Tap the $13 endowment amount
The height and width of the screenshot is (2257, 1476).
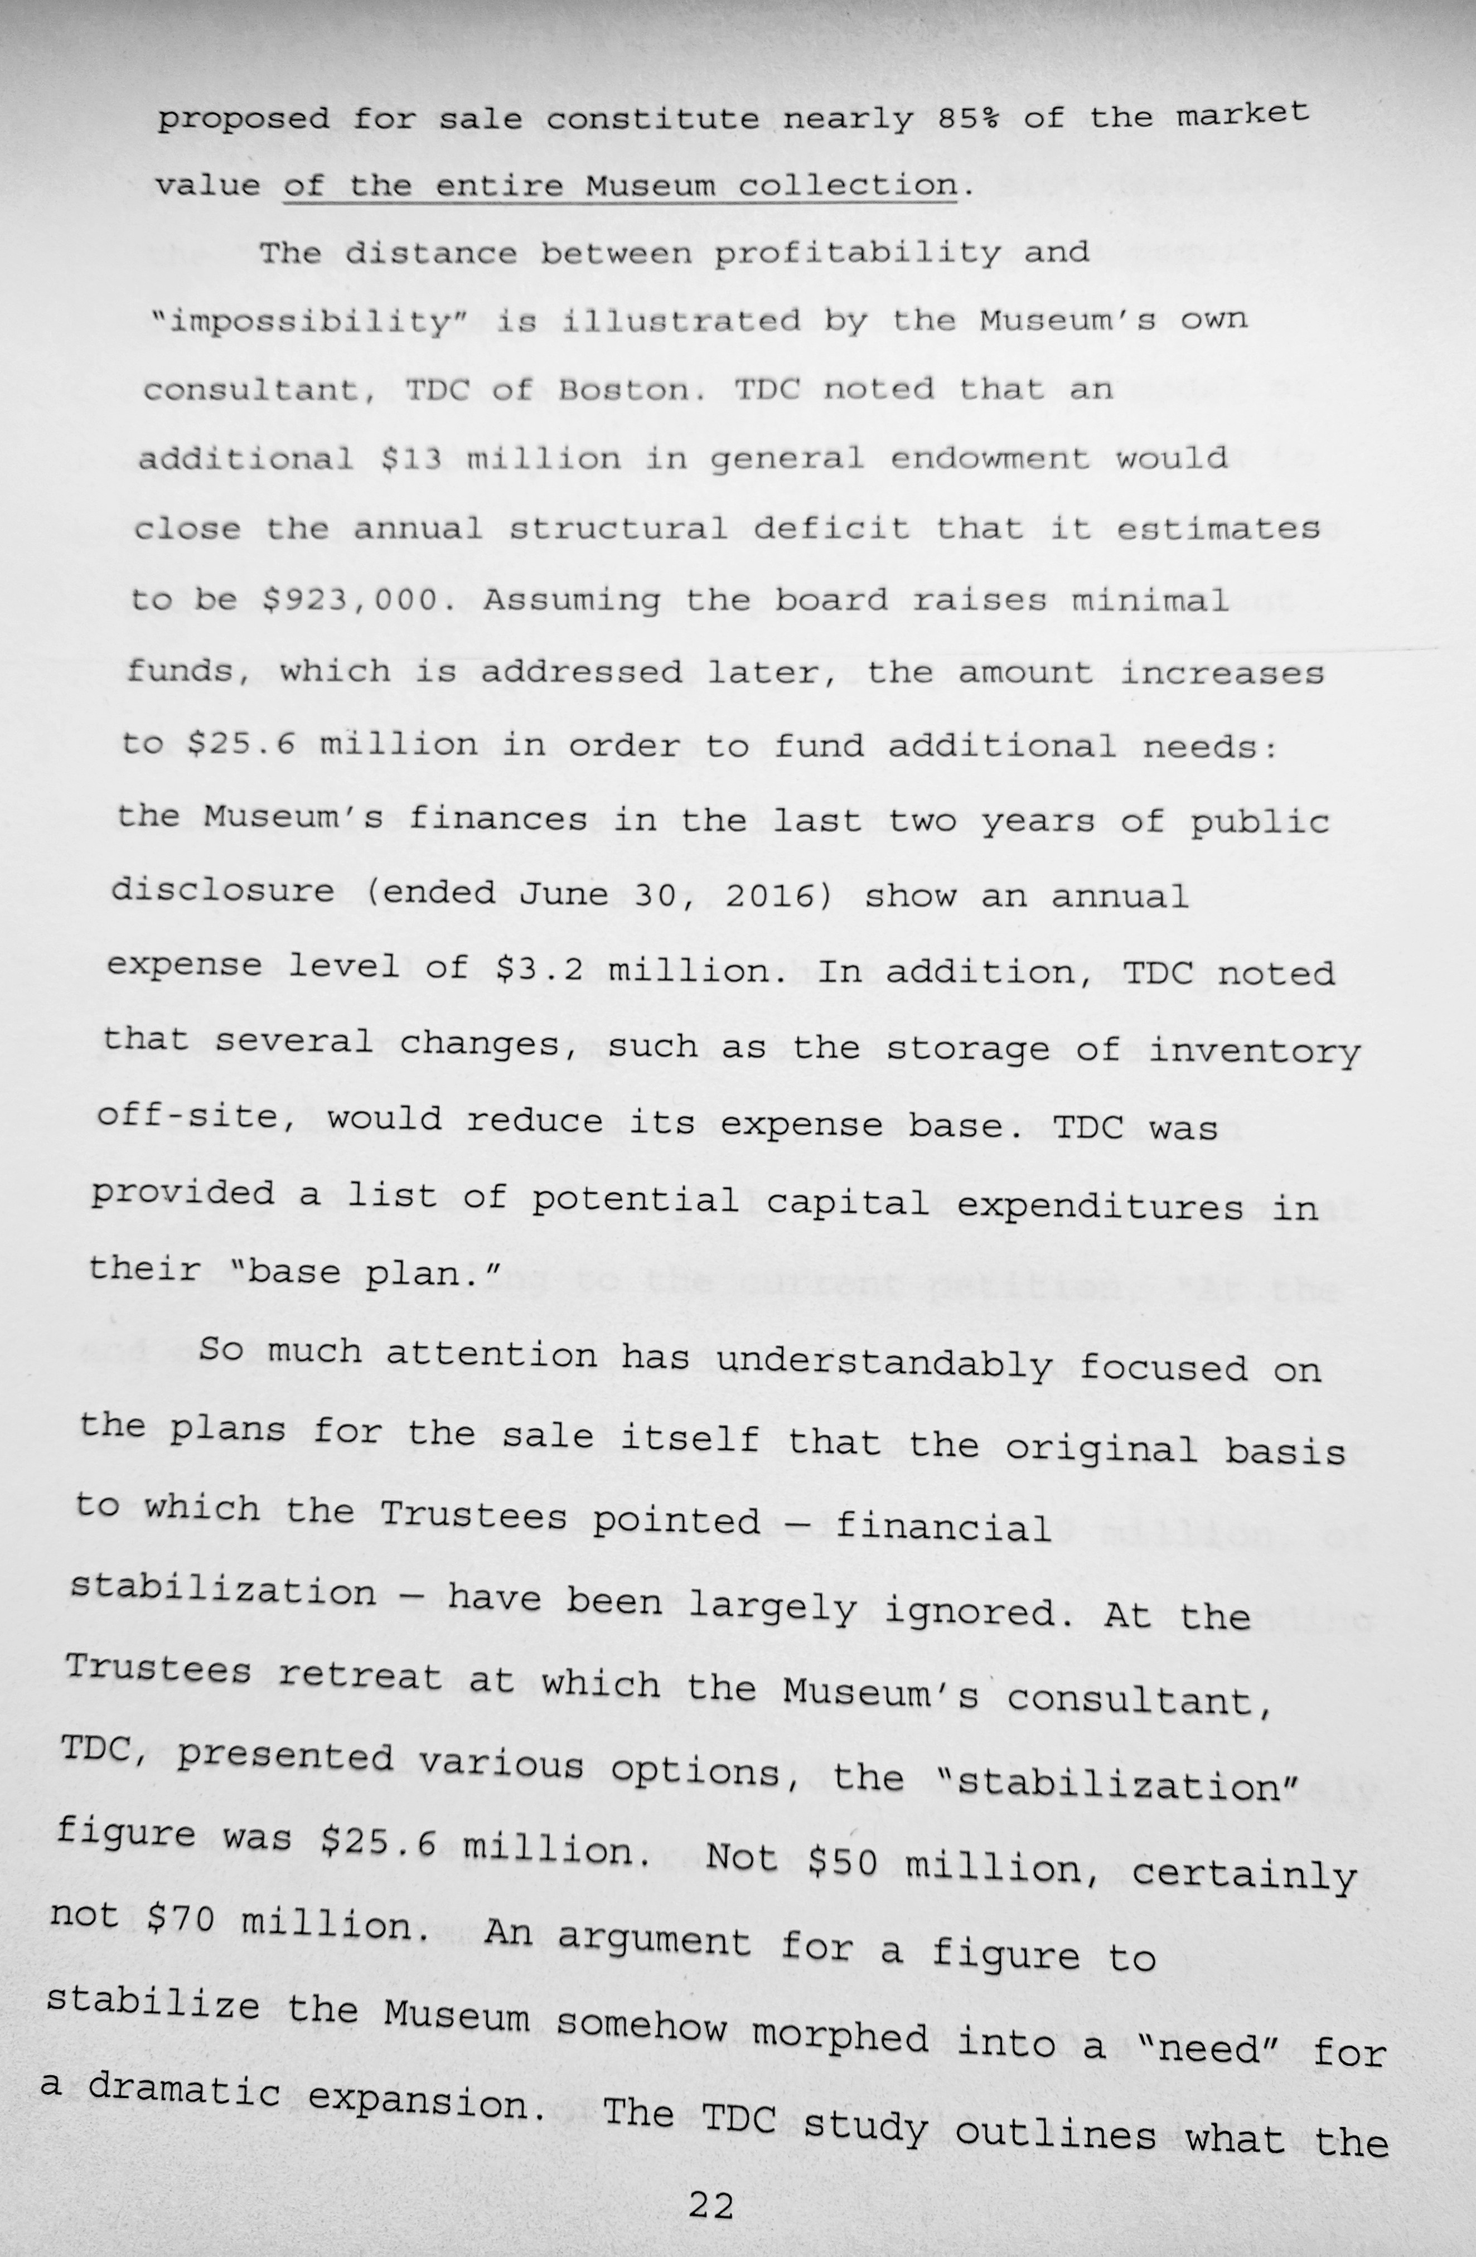pyautogui.click(x=412, y=459)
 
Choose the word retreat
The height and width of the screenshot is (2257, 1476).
pyautogui.click(x=360, y=1675)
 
